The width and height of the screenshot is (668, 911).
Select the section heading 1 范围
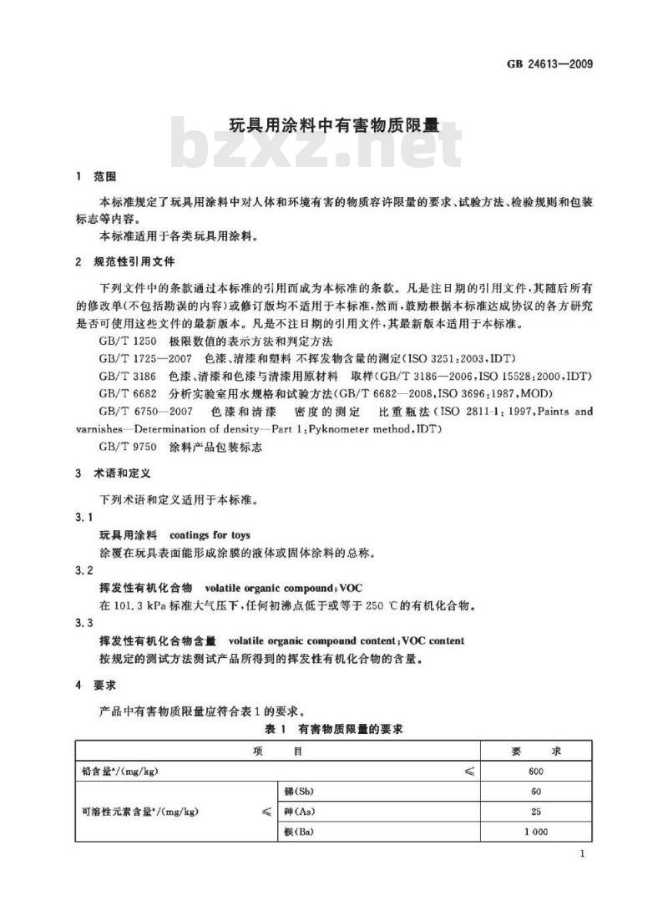tap(96, 177)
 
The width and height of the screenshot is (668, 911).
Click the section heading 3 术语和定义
tap(114, 473)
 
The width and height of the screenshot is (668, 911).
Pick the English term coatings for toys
tap(210, 534)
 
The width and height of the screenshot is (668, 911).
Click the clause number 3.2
tap(84, 570)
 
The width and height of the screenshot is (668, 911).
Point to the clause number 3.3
tap(84, 624)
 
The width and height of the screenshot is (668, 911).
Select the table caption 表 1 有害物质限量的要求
tap(333, 729)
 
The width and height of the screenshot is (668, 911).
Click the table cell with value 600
tap(536, 771)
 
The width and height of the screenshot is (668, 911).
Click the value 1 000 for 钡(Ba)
tap(536, 833)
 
